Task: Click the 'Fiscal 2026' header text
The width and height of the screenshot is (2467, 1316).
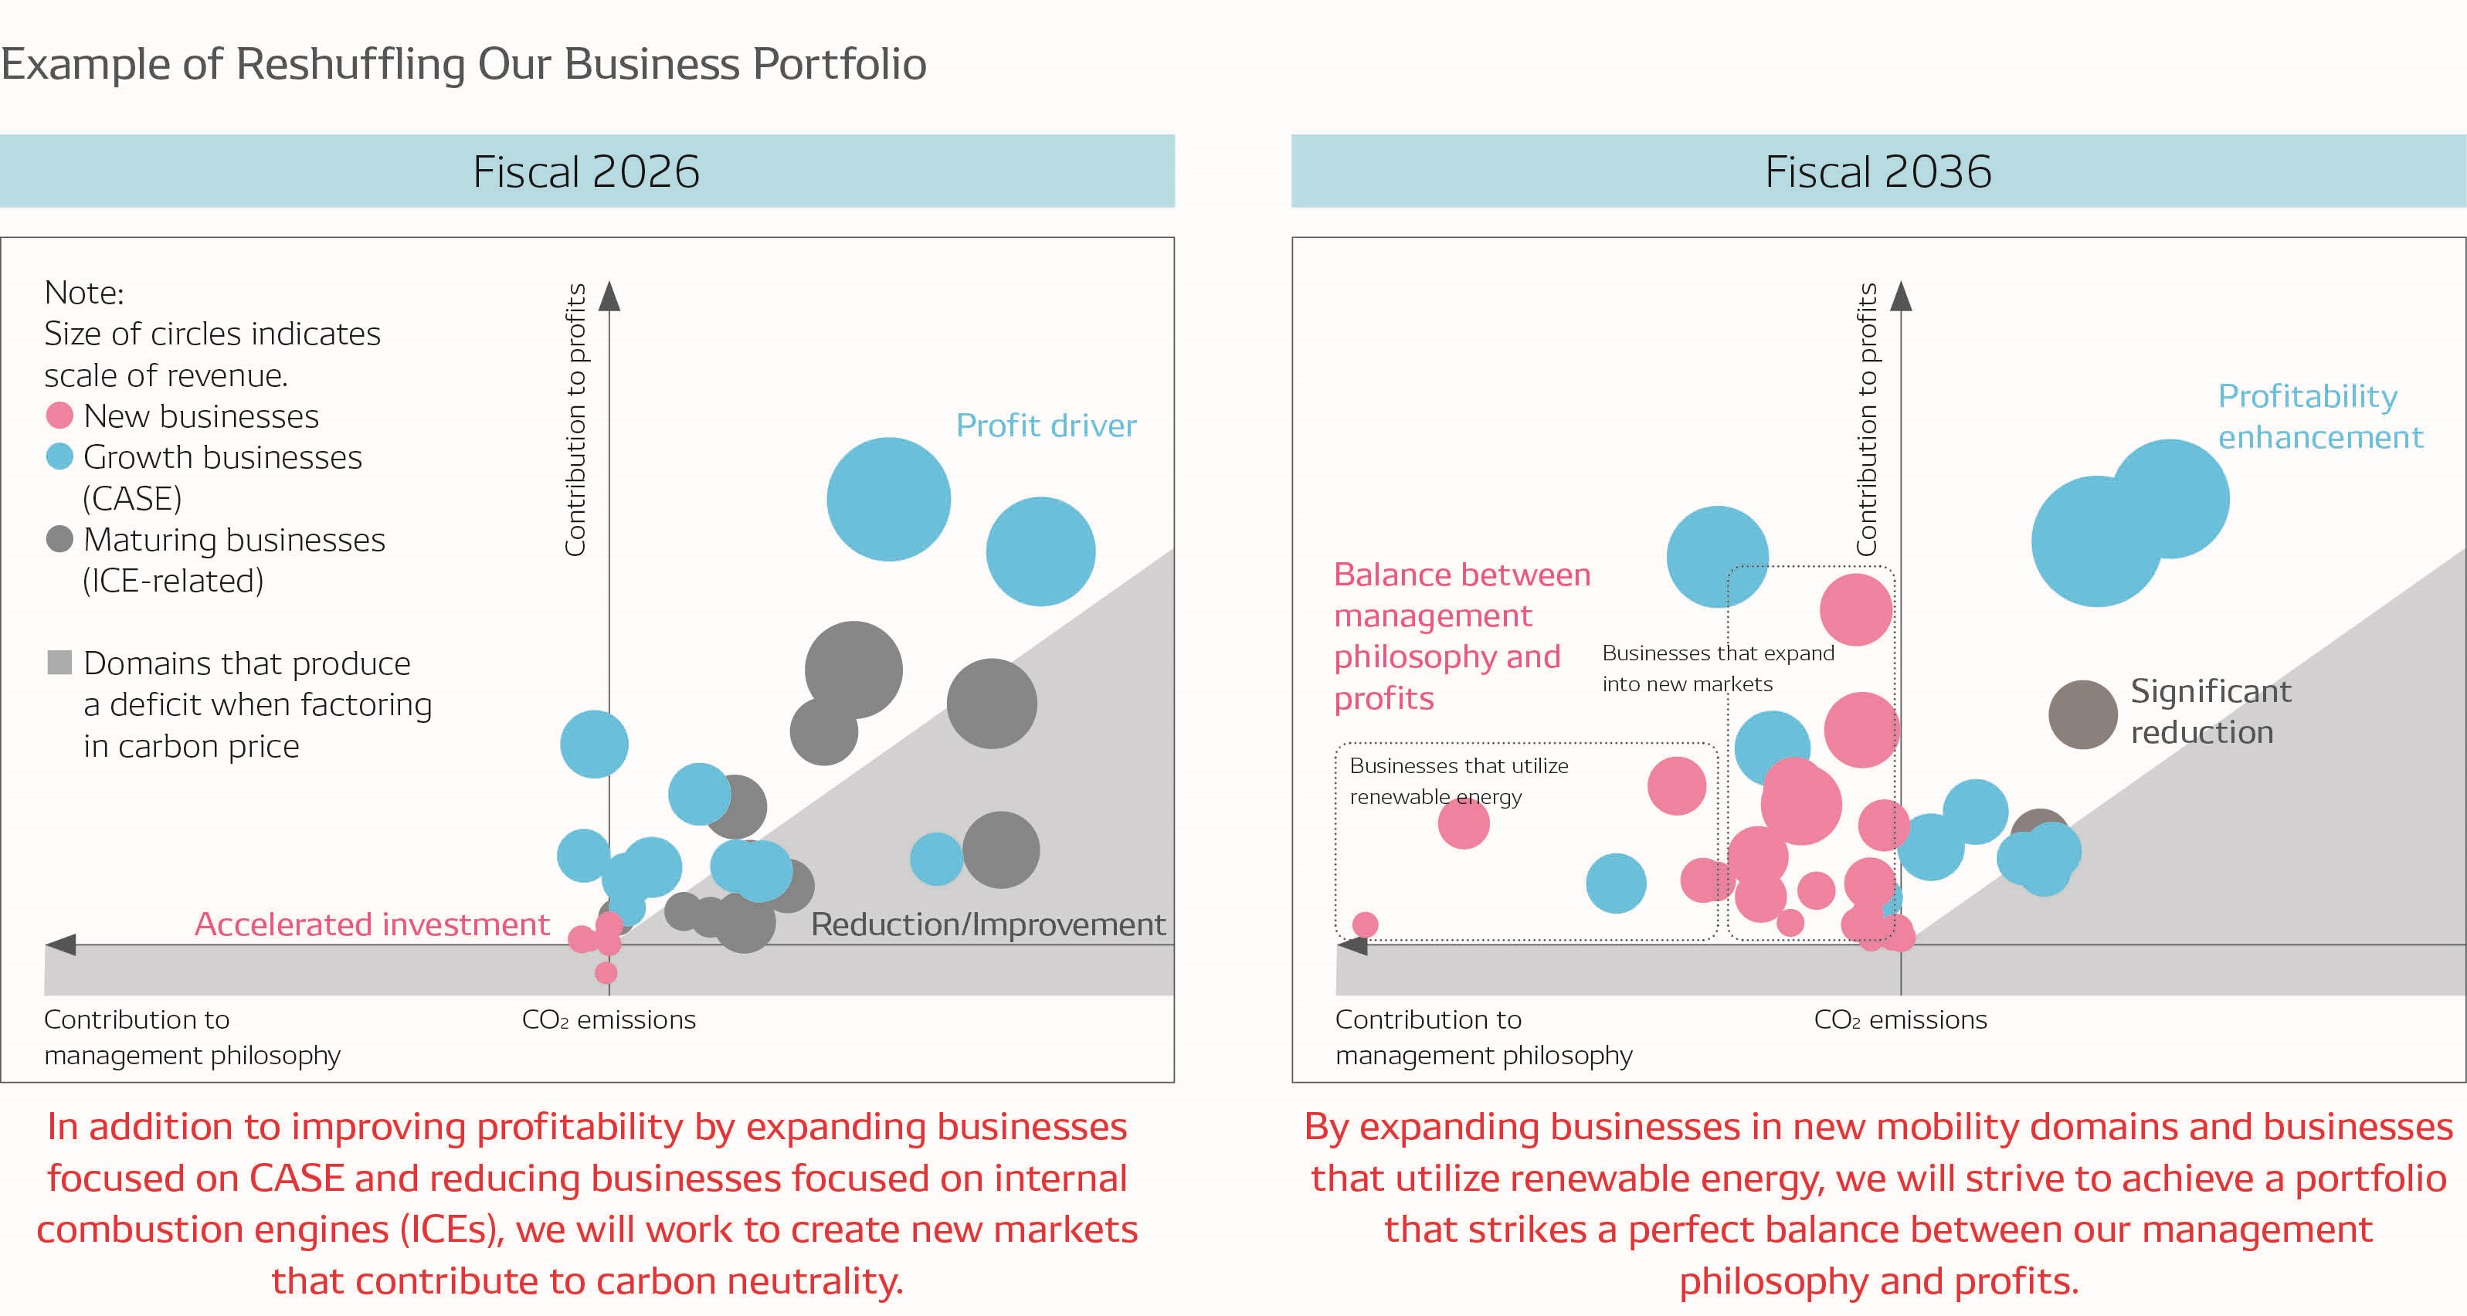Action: click(586, 172)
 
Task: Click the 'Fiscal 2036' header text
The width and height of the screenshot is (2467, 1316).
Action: click(1877, 172)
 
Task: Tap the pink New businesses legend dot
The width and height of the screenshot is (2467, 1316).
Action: click(59, 415)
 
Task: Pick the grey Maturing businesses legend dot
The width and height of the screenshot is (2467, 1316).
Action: click(59, 539)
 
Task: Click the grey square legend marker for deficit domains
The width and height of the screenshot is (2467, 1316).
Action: click(59, 663)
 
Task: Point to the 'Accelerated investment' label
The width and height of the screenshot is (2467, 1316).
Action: click(372, 924)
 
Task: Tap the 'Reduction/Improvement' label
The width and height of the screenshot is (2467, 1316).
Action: click(987, 924)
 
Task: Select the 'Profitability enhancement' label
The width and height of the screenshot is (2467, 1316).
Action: click(2319, 416)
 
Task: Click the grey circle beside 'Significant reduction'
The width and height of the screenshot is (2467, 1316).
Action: click(2082, 714)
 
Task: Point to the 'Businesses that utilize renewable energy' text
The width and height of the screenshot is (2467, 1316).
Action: click(1457, 781)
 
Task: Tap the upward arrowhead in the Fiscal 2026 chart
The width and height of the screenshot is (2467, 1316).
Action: click(609, 296)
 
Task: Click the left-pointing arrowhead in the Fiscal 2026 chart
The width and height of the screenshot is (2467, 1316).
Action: click(60, 945)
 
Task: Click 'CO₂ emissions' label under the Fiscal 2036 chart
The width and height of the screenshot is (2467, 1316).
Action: click(1900, 1020)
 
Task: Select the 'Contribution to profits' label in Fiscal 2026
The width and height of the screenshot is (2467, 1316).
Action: click(575, 419)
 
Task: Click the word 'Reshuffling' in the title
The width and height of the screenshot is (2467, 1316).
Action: click(350, 64)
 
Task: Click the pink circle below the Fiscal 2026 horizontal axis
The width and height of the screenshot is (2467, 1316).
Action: click(606, 973)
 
